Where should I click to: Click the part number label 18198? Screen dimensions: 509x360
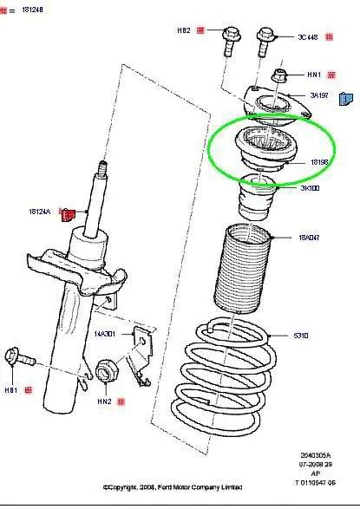coord(318,161)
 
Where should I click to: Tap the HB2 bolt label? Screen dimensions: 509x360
coord(183,30)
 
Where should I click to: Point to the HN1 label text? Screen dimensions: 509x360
coord(316,75)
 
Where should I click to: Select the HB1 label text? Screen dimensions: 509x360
coord(11,389)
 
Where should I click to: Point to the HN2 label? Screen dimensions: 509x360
coord(103,402)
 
